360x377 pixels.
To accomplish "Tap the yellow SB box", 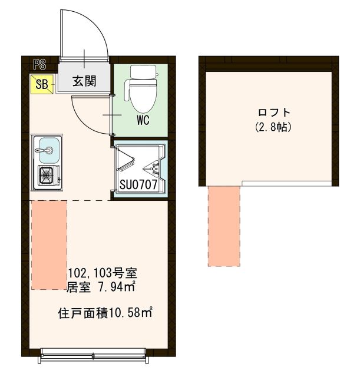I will pos(41,84).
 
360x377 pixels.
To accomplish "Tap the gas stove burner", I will pos(47,176).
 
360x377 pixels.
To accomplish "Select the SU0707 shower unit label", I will pos(138,185).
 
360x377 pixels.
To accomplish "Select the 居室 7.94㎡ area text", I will pos(103,287).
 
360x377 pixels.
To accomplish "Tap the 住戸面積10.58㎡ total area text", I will pos(105,313).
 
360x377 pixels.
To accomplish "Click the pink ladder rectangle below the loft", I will pos(224,226).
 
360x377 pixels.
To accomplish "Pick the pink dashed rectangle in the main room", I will pos(49,244).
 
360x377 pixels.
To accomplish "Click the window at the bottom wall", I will pos(94,354).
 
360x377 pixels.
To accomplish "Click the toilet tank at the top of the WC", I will pos(143,72).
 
